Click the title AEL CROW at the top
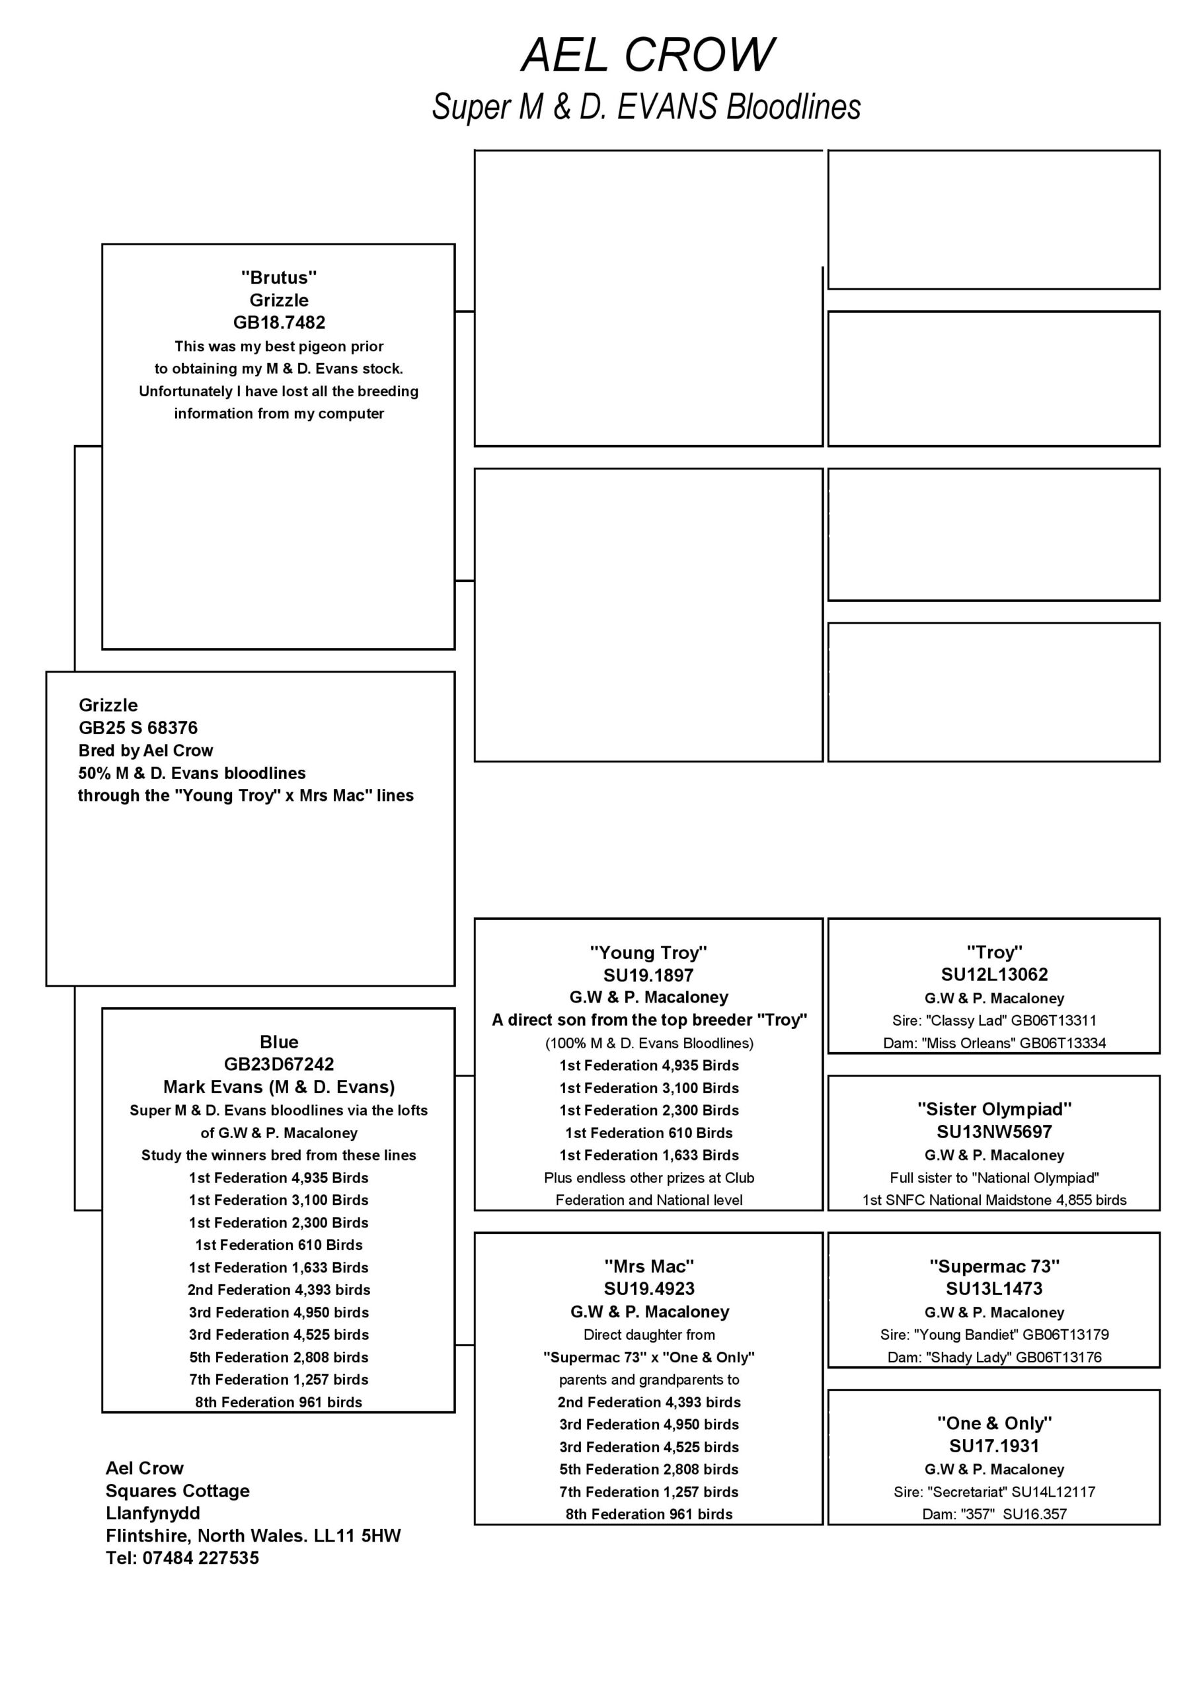(647, 56)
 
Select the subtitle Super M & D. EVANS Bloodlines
(646, 107)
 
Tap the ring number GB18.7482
(279, 322)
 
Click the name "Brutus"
(279, 277)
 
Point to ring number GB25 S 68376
(138, 727)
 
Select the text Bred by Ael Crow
(145, 751)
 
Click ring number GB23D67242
(279, 1064)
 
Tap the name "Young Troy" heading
(648, 952)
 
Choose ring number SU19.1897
(648, 975)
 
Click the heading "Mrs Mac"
(648, 1266)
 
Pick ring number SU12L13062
(993, 974)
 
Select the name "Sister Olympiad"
(993, 1109)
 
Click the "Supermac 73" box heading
(993, 1266)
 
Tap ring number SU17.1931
(993, 1446)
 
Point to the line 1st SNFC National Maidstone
(993, 1200)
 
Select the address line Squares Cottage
(177, 1491)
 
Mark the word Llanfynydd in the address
(153, 1513)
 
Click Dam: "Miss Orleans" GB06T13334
(993, 1043)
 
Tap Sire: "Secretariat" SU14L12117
(993, 1492)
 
